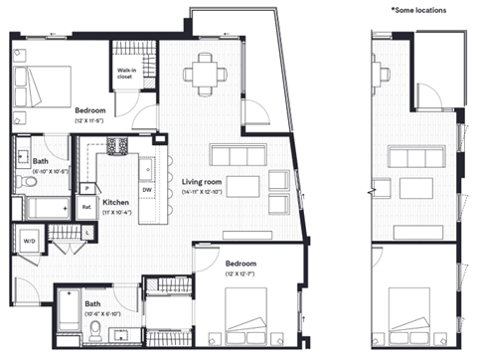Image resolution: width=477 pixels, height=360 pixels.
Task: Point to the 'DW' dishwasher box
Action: [x=147, y=188]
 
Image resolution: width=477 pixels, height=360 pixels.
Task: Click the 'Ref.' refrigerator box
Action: [x=87, y=208]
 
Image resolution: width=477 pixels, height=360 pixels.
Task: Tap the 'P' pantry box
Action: [x=86, y=188]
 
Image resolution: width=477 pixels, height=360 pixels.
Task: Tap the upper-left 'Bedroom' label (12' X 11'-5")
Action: [x=89, y=110]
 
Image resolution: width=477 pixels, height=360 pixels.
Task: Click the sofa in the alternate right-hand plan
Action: [x=415, y=157]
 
